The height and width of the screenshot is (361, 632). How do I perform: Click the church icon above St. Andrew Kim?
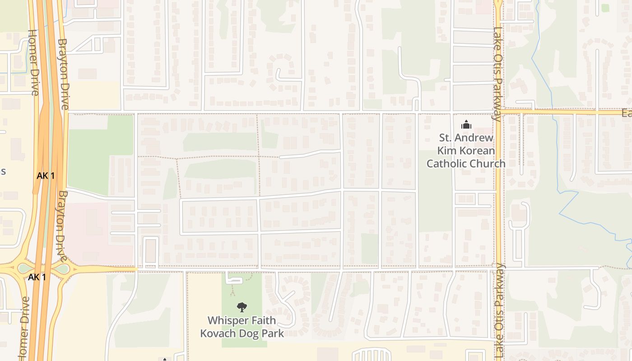466,125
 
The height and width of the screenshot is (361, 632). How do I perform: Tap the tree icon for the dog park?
242,307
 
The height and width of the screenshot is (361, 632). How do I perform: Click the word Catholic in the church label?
446,163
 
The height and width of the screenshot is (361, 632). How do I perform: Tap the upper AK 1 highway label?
46,176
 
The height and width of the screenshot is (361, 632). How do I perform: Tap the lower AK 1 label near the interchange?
37,277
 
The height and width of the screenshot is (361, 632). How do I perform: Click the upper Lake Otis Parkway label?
498,74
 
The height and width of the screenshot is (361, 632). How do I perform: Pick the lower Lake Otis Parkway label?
499,311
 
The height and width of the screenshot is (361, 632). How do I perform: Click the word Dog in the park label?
253,333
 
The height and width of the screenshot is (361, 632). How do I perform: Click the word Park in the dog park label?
274,333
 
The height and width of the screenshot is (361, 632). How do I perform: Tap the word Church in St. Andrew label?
487,163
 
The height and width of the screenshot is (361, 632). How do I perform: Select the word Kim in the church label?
446,150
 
